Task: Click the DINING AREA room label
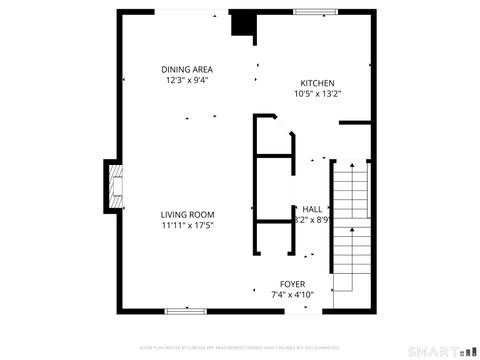pos(187,70)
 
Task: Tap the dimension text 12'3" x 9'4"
pos(187,81)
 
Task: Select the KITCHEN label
pos(318,83)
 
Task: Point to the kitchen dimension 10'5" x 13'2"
pos(318,94)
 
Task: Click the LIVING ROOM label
pos(188,214)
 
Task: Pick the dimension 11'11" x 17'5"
pos(188,225)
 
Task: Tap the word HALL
pos(313,209)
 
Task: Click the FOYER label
pos(293,284)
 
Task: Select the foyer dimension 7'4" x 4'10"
pos(293,295)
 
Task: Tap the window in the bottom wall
pos(185,310)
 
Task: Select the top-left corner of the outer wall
pos(119,13)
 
